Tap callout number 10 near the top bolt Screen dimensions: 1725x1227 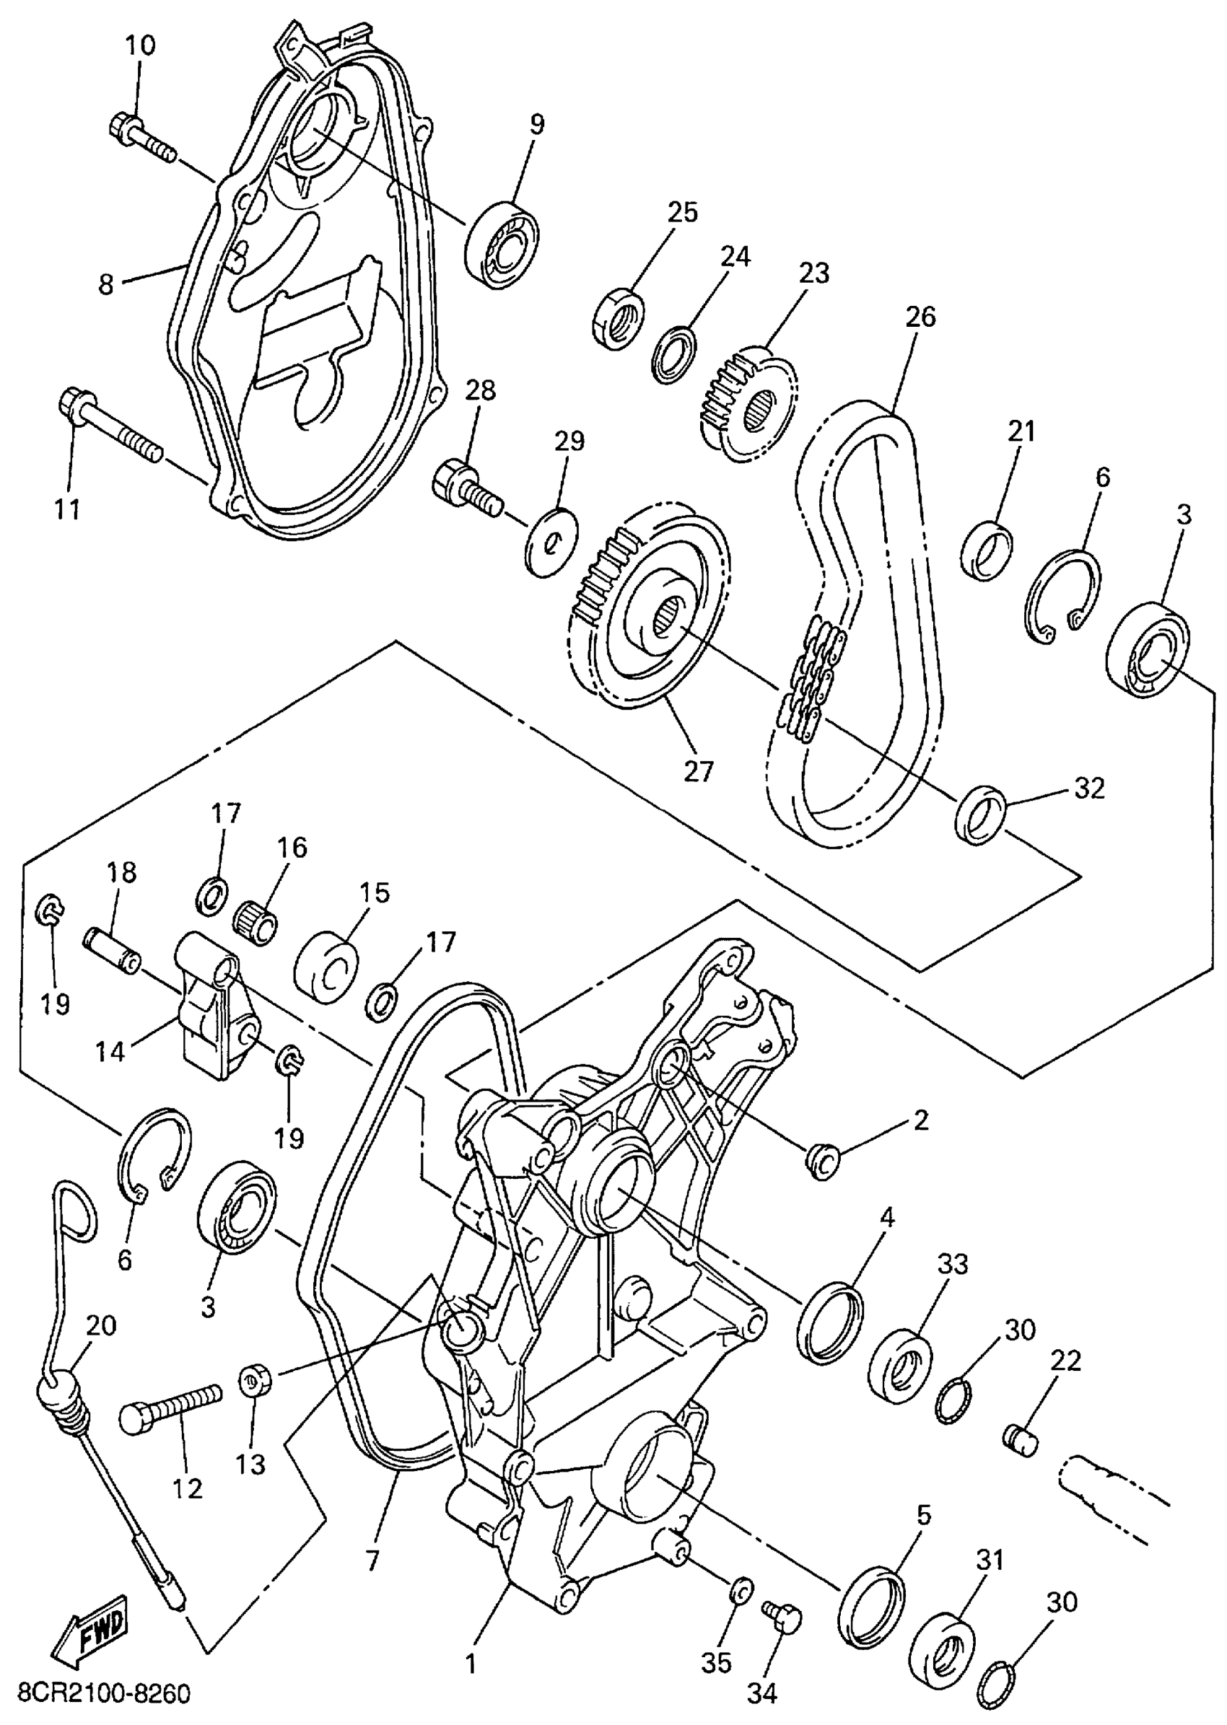[x=140, y=45]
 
